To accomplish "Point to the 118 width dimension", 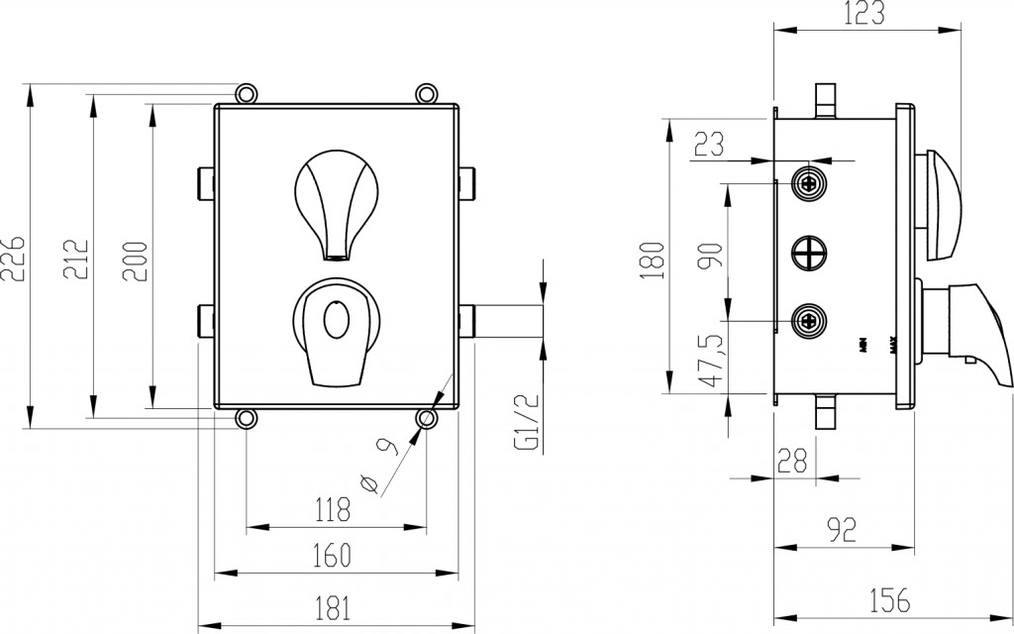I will click(332, 510).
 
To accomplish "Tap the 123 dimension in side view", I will click(865, 13).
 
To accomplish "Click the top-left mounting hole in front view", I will click(246, 92).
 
